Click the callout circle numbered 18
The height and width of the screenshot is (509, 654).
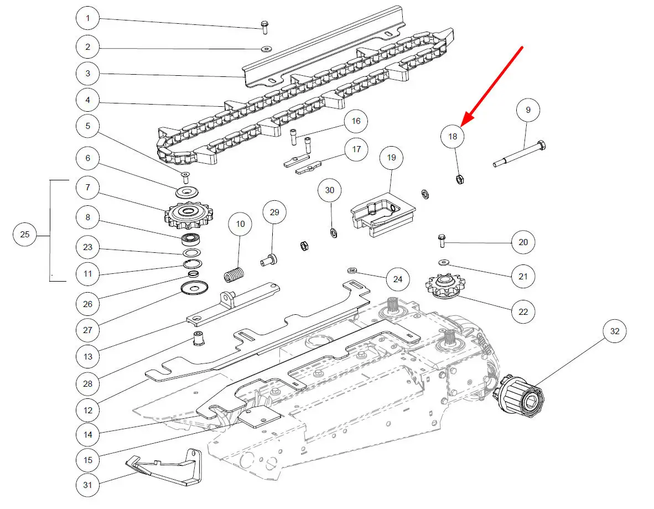point(453,136)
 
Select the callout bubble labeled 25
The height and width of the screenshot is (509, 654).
point(25,235)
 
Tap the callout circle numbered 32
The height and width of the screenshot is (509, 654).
point(614,331)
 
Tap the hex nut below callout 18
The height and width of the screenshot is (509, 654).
point(459,179)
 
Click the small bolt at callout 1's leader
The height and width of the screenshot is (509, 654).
point(264,25)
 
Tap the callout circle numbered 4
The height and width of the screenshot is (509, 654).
point(88,101)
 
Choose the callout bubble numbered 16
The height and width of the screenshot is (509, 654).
point(356,121)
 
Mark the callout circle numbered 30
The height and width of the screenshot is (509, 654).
point(330,190)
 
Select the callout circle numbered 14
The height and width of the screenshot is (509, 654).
point(88,434)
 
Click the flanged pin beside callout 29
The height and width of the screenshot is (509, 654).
point(270,258)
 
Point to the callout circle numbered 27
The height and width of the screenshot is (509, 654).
point(88,330)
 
